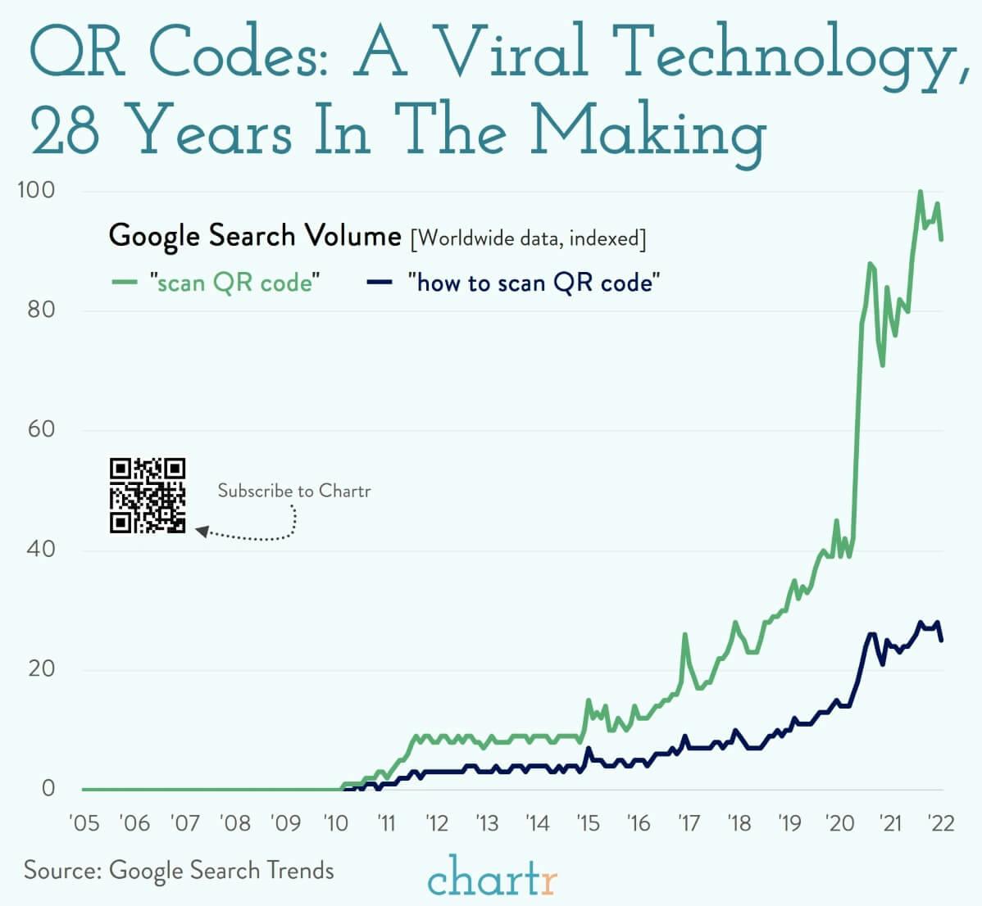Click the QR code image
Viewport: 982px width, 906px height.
148,496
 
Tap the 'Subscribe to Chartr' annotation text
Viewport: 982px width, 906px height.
293,491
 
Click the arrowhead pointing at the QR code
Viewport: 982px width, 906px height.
202,532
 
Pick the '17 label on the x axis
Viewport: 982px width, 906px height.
688,822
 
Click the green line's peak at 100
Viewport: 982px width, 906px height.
921,192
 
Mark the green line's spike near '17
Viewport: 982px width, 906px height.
685,635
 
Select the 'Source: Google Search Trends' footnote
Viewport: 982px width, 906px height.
179,869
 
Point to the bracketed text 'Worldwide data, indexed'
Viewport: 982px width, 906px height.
528,238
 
